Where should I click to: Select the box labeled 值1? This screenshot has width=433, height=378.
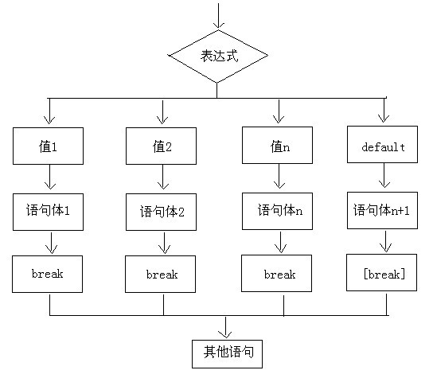pos(49,146)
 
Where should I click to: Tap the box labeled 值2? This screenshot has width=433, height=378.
pos(162,146)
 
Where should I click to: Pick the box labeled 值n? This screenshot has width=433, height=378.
pos(276,146)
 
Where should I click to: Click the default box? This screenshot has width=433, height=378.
pos(384,146)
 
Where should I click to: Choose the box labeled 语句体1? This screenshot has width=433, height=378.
pos(49,211)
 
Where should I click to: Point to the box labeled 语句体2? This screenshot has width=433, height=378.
pos(162,212)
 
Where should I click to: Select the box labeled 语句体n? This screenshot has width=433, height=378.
pos(276,211)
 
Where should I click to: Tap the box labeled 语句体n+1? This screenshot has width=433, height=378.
pos(384,211)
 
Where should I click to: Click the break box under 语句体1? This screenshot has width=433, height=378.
pos(49,274)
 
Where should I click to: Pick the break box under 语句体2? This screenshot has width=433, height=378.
pos(162,275)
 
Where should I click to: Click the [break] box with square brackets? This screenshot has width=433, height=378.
pos(384,274)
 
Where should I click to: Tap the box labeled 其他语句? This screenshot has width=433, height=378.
pos(228,351)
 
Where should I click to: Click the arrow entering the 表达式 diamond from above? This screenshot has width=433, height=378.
pos(217,16)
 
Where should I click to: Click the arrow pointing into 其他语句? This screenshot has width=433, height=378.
pos(228,326)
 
